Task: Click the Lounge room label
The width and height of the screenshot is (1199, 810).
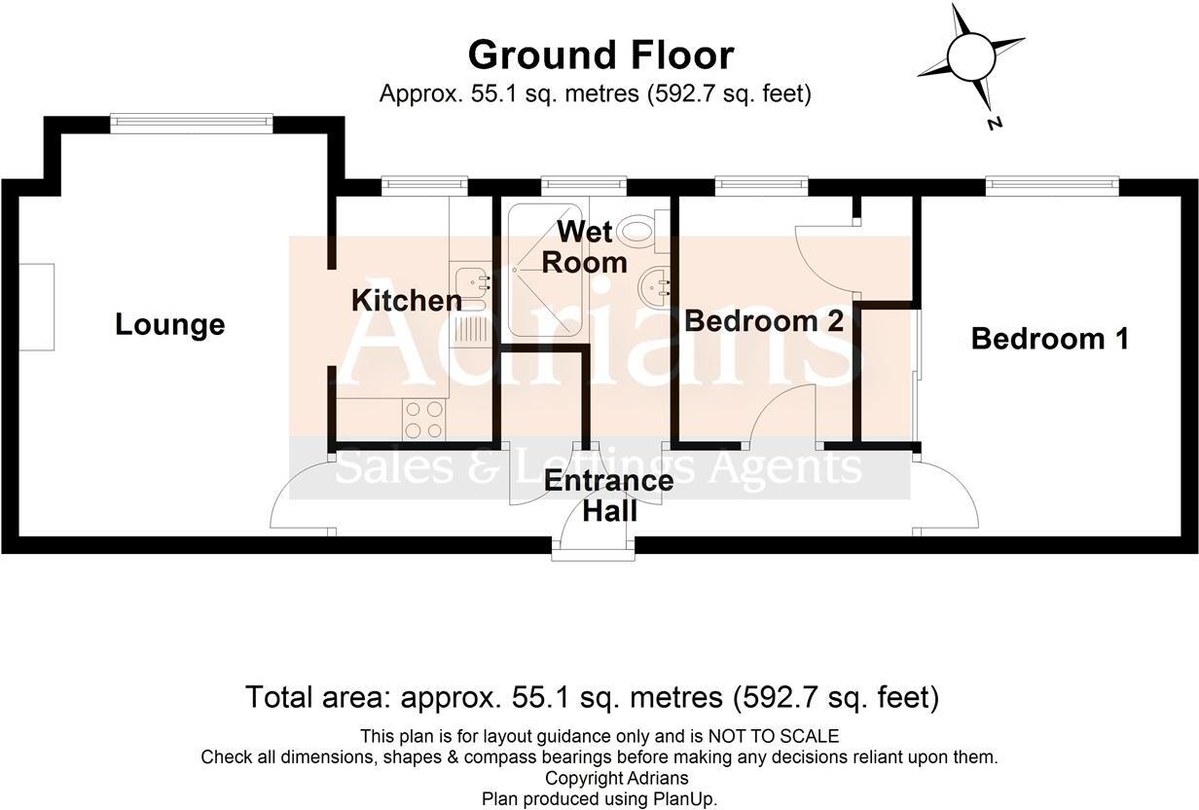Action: pos(169,324)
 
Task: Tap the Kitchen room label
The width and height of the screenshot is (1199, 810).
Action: pos(406,301)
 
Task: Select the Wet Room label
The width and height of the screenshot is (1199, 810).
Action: pos(584,247)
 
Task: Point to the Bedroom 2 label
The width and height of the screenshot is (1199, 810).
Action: pos(764,321)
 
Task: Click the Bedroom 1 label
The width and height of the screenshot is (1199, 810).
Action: pos(1049,339)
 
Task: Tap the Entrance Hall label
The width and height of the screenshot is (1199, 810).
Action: pos(608,496)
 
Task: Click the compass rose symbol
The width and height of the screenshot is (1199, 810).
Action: pos(970,56)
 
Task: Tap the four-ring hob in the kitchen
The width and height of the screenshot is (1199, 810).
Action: pos(423,420)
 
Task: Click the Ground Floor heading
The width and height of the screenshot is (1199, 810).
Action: pos(600,55)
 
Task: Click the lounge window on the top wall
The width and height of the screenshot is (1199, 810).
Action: pos(191,122)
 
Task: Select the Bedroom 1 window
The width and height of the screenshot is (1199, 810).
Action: pos(1051,184)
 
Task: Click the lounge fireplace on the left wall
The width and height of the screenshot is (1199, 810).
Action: pos(39,308)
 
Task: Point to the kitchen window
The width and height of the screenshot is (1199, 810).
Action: pos(423,184)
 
